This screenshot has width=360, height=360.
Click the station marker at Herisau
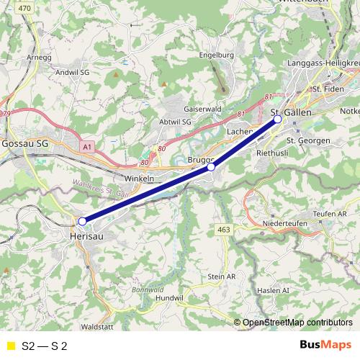[82, 221]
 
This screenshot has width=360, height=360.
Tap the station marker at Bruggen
[211, 167]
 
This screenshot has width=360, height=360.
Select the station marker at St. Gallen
[278, 120]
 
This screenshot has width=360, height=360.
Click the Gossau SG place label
[25, 143]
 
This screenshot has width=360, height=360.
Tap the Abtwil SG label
[176, 122]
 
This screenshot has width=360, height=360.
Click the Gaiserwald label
[201, 108]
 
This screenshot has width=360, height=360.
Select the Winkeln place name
[139, 177]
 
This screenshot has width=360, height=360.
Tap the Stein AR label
[221, 276]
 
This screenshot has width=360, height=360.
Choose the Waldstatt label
[98, 326]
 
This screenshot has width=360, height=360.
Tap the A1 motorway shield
[87, 146]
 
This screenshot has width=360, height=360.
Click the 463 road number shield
[223, 229]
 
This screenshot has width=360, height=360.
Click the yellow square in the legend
[9, 346]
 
